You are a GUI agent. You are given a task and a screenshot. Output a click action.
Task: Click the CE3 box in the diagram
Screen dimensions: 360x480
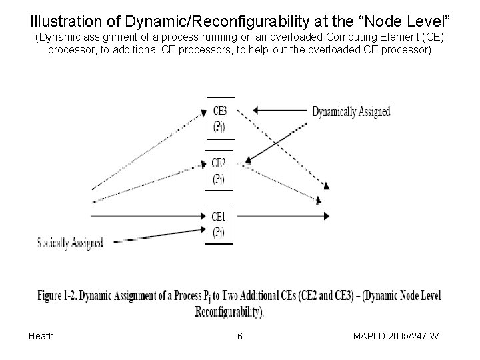(x=219, y=119)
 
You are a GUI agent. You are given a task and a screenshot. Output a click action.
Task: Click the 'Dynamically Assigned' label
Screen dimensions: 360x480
(x=351, y=111)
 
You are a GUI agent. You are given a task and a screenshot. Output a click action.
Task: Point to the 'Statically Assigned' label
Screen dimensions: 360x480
(x=70, y=243)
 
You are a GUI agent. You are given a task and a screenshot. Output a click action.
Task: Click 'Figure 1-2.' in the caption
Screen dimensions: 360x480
(x=60, y=295)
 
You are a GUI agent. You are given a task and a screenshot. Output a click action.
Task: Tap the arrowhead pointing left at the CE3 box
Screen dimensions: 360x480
(x=259, y=110)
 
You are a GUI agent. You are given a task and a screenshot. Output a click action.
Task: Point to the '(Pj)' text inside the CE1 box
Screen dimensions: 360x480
(x=219, y=232)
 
